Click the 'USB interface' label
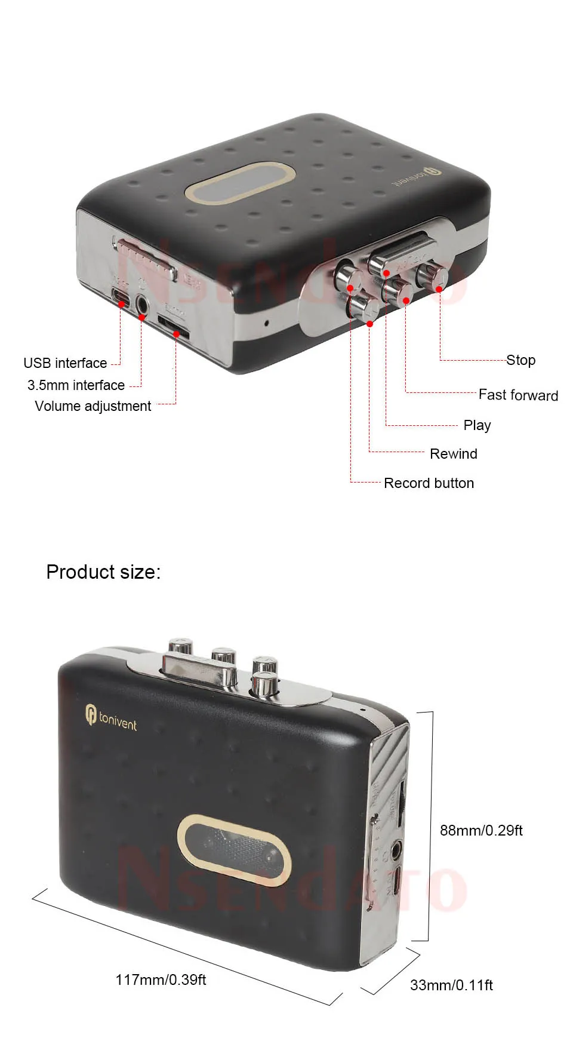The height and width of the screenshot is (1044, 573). tap(65, 363)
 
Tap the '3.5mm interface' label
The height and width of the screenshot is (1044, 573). tap(76, 385)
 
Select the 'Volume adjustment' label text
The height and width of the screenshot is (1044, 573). tap(93, 406)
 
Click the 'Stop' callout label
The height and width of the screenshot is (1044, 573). tap(520, 360)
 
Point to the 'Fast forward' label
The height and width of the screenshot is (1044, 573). tap(518, 395)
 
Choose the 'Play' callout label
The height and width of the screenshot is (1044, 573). tap(477, 425)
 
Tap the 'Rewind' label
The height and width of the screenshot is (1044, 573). tap(453, 454)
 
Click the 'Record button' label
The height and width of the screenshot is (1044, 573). tap(429, 483)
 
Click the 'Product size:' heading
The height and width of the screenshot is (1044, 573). tap(103, 572)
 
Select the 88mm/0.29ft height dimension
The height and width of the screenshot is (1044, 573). tap(481, 830)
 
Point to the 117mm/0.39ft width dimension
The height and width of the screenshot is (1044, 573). tap(161, 979)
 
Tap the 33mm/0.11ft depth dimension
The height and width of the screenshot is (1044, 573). tap(451, 985)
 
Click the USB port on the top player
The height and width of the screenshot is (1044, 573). tap(119, 295)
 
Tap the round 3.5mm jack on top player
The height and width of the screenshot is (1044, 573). tap(142, 305)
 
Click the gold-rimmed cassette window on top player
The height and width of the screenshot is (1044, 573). tap(241, 182)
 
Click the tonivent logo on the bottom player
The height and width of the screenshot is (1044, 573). tap(111, 716)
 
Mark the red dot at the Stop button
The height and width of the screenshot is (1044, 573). tap(439, 289)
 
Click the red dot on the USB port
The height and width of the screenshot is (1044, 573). tap(121, 305)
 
